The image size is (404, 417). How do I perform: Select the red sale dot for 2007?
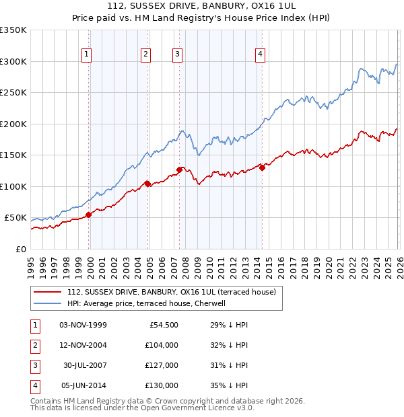pos(180,169)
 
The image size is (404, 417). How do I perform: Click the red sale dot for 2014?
pos(261,168)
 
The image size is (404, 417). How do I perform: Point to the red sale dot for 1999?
pos(88,215)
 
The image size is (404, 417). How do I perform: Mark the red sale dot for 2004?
pos(147,184)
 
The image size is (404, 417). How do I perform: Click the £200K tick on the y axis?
pos(13,124)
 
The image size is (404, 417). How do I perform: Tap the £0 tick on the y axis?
pos(21,249)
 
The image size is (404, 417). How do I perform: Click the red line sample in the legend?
pos(47,293)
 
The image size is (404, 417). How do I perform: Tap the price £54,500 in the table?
pos(163,325)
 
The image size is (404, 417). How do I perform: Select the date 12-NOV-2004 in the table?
pos(83,345)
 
